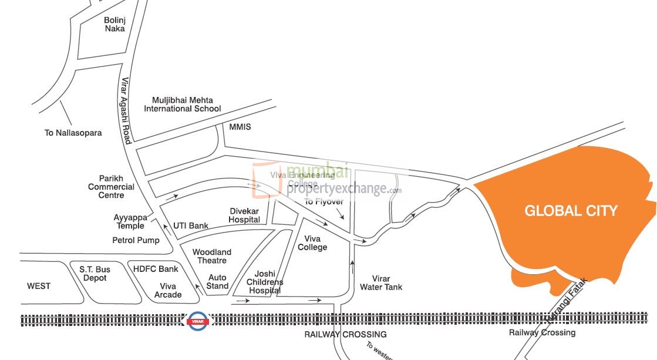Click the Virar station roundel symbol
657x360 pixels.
pyautogui.click(x=197, y=321)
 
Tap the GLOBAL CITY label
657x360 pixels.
pyautogui.click(x=571, y=211)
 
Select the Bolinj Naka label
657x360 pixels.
pyautogui.click(x=114, y=24)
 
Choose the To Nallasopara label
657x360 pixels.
pyautogui.click(x=73, y=133)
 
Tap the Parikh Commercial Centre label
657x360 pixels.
pyautogui.click(x=112, y=187)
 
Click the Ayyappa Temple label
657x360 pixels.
pyautogui.click(x=129, y=221)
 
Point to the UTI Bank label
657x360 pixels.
pyautogui.click(x=191, y=226)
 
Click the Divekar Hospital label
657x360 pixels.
pyautogui.click(x=244, y=215)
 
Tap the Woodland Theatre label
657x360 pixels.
pyautogui.click(x=212, y=256)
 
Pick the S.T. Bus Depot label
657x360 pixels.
pyautogui.click(x=95, y=273)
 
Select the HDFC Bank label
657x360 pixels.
pyautogui.click(x=156, y=269)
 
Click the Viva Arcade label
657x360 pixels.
pyautogui.click(x=168, y=290)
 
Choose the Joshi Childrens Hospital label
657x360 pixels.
pyautogui.click(x=265, y=282)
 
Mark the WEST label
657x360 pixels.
pyautogui.click(x=39, y=286)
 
